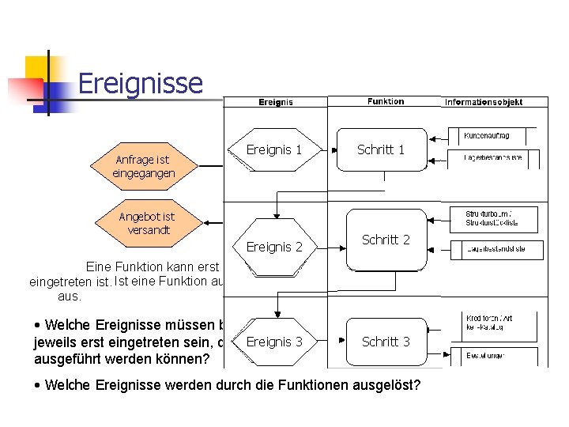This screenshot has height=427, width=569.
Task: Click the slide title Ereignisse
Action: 141,83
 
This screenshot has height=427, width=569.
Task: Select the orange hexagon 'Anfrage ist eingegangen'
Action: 143,166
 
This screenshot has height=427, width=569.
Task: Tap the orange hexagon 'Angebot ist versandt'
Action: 146,222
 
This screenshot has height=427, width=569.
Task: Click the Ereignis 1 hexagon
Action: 274,149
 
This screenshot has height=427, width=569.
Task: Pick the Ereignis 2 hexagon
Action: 274,247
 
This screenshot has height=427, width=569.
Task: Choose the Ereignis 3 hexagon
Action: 274,342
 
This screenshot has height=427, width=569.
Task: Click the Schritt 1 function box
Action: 381,149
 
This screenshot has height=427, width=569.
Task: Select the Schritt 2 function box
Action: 386,240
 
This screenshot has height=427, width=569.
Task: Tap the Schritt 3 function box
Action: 386,342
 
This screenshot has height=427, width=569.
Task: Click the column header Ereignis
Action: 276,101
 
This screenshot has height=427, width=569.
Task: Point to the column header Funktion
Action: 386,101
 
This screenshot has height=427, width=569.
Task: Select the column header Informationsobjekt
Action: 495,101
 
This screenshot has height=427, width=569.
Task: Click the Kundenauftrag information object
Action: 492,136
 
